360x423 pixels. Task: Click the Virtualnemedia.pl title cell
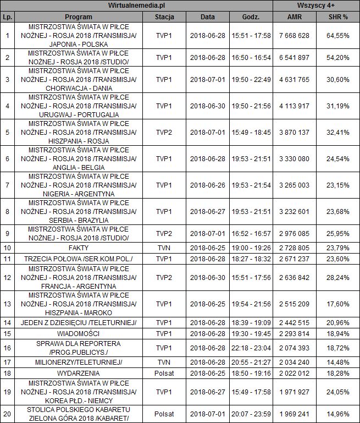pos(137,6)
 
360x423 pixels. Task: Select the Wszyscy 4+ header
pos(316,6)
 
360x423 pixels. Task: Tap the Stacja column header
pos(164,17)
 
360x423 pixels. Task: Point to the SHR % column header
pos(338,17)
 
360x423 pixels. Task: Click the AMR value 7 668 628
pos(295,35)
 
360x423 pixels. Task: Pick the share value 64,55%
pos(339,35)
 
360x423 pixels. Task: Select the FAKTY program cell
pos(78,248)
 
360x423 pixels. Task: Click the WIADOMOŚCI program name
pos(78,333)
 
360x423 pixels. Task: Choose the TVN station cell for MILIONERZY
pos(164,364)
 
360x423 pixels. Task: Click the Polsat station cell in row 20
pos(164,414)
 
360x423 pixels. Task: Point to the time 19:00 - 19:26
pos(251,248)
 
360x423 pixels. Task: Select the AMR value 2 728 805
pos(295,248)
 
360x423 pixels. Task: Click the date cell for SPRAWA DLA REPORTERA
pos(208,348)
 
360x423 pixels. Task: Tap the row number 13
pos(7,304)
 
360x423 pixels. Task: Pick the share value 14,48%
pos(339,364)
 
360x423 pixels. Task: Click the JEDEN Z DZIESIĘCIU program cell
pos(78,322)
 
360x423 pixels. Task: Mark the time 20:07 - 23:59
pos(251,414)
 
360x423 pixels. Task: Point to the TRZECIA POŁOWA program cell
pos(78,259)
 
